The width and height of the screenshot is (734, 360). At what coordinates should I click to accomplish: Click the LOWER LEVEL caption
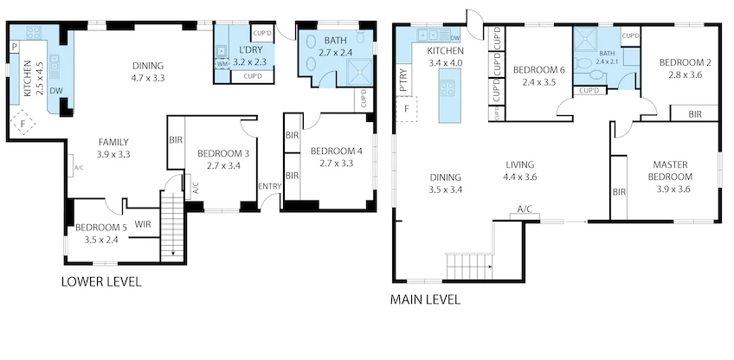point(100,281)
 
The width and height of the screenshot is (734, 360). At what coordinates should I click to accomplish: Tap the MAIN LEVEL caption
point(426,299)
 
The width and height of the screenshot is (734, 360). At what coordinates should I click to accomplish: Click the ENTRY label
point(269,186)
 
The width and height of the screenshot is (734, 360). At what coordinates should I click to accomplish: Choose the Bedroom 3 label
point(223,159)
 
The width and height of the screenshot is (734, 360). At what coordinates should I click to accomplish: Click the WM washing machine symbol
point(222,64)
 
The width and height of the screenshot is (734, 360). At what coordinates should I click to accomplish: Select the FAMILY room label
point(113,148)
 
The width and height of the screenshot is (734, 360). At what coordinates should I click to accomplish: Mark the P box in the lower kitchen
point(16,45)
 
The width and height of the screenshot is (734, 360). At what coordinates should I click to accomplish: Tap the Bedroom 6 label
point(538,75)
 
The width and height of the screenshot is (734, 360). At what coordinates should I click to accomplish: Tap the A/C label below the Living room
point(525,210)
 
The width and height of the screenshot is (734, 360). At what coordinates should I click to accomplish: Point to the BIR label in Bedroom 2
point(695,113)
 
